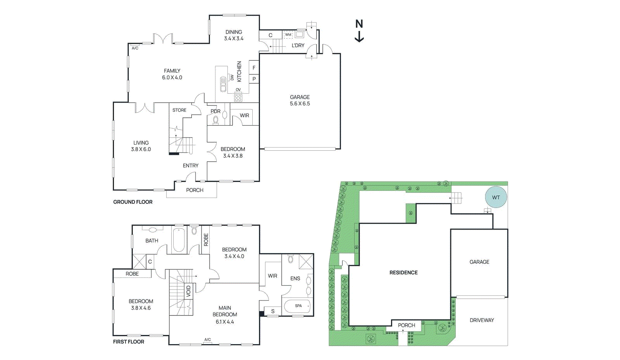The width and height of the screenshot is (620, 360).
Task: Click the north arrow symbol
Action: pyautogui.click(x=359, y=31)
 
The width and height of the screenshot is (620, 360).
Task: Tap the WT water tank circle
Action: pyautogui.click(x=496, y=197)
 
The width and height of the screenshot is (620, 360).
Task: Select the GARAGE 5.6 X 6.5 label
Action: pyautogui.click(x=300, y=100)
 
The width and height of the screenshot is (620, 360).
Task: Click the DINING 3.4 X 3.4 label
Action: pyautogui.click(x=234, y=35)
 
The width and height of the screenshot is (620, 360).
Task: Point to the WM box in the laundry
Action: pyautogui.click(x=288, y=34)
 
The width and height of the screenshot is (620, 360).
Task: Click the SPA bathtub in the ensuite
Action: pyautogui.click(x=297, y=306)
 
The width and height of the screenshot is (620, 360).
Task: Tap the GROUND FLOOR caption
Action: pyautogui.click(x=133, y=202)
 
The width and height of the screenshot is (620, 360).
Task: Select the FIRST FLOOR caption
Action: pyautogui.click(x=128, y=342)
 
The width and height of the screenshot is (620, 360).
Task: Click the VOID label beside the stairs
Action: pyautogui.click(x=189, y=291)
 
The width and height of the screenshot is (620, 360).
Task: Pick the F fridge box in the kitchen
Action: pyautogui.click(x=254, y=68)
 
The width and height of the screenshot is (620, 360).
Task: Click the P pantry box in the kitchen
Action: pyautogui.click(x=254, y=79)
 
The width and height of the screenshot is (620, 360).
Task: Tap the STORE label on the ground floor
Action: pyautogui.click(x=179, y=110)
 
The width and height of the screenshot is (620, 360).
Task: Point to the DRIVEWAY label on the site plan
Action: pyautogui.click(x=482, y=320)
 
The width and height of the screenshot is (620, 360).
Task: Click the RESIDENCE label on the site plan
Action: pyautogui.click(x=403, y=272)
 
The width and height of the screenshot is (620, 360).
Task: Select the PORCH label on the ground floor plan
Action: pyautogui.click(x=195, y=190)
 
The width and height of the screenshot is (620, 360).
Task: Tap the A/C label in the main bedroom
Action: pyautogui.click(x=208, y=339)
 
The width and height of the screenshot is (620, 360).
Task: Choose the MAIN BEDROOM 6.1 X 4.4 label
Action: pyautogui.click(x=225, y=315)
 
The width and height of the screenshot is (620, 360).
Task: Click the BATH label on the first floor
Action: pyautogui.click(x=152, y=241)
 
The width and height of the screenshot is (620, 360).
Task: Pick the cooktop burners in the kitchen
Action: pyautogui.click(x=238, y=97)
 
